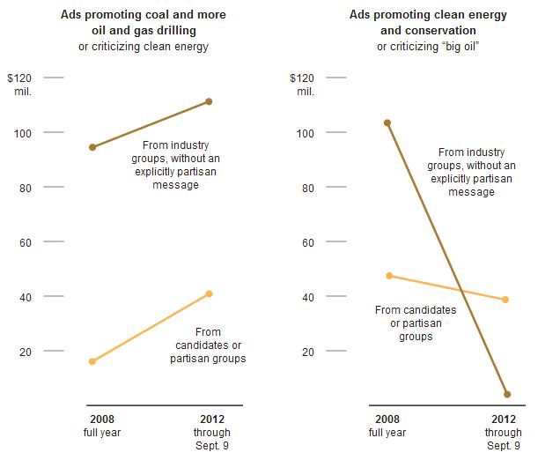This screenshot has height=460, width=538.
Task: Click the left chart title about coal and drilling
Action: click(155, 21)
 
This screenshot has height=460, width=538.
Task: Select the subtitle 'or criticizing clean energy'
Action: click(155, 46)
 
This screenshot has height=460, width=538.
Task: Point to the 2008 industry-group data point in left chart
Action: click(92, 147)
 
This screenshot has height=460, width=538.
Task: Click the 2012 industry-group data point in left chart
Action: click(209, 101)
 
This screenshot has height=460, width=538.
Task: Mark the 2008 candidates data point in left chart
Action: click(92, 361)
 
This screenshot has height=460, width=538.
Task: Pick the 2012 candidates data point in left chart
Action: click(209, 293)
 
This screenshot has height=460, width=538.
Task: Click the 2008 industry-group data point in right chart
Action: click(387, 122)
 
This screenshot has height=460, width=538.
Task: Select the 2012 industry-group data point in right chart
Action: click(507, 394)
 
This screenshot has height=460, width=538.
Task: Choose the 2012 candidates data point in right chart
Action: click(505, 300)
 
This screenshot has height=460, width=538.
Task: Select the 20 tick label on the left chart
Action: click(26, 352)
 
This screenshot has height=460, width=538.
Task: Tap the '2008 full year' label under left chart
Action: click(102, 426)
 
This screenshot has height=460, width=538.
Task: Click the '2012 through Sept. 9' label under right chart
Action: click(503, 432)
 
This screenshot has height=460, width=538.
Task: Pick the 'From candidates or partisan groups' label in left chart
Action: click(208, 345)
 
